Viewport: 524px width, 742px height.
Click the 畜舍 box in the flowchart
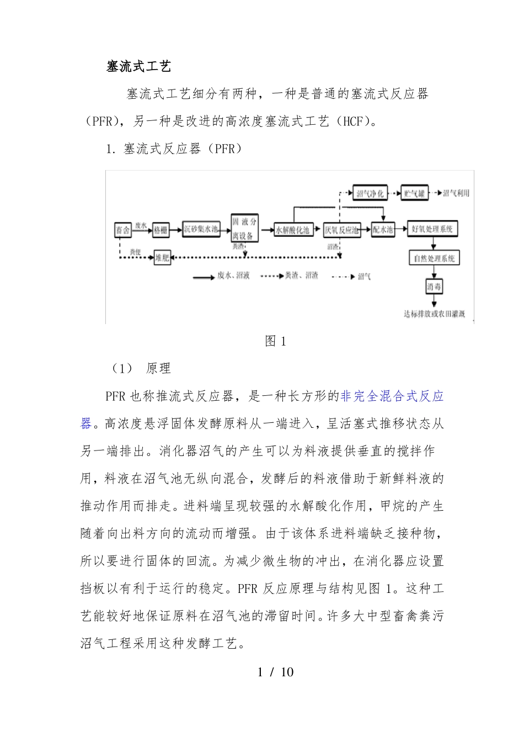click(x=122, y=230)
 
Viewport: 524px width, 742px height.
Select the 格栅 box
click(x=161, y=230)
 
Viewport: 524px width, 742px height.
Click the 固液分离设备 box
click(x=244, y=229)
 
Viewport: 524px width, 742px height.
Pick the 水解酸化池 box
click(x=293, y=230)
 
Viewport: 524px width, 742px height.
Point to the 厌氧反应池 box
click(x=341, y=230)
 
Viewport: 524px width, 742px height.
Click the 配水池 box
click(x=382, y=230)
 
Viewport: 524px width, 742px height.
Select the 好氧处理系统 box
click(x=432, y=229)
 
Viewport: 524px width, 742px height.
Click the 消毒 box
click(x=434, y=287)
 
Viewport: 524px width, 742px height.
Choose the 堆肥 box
click(x=162, y=257)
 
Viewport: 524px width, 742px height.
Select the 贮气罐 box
click(x=414, y=193)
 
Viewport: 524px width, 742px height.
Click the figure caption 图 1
click(x=276, y=341)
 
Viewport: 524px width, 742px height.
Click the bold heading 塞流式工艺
click(x=138, y=67)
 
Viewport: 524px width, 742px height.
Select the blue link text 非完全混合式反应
click(x=392, y=396)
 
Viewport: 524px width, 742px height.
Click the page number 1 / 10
click(x=276, y=672)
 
